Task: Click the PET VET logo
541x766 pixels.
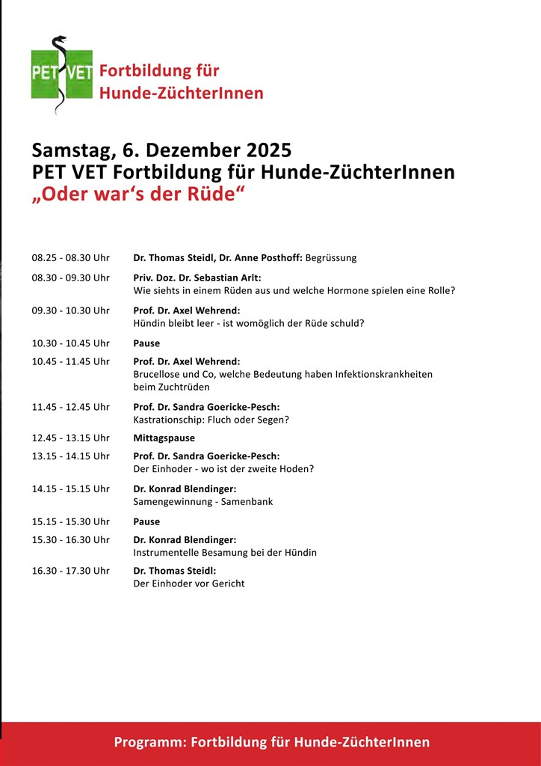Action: tap(61, 74)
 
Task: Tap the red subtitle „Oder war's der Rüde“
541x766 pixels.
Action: tap(139, 194)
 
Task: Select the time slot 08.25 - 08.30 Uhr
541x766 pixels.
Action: tap(70, 258)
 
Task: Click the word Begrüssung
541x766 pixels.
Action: tap(331, 258)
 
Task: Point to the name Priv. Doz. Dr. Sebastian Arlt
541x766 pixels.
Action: tap(197, 278)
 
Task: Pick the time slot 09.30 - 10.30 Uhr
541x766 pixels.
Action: tap(70, 310)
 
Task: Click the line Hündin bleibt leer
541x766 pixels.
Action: tap(248, 323)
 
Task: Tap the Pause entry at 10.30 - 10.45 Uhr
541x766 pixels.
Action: tap(146, 343)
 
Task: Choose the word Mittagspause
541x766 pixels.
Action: tap(164, 438)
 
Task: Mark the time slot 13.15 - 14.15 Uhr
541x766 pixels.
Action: tap(70, 456)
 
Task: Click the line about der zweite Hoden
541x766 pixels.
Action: tap(223, 469)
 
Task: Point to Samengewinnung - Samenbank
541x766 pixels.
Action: tap(203, 502)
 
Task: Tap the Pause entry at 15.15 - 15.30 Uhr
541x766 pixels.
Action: tap(146, 521)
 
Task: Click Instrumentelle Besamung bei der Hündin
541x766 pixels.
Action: tap(225, 553)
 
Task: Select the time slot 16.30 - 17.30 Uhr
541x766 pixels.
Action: tap(70, 571)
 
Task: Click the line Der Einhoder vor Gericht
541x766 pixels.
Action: tap(188, 583)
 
